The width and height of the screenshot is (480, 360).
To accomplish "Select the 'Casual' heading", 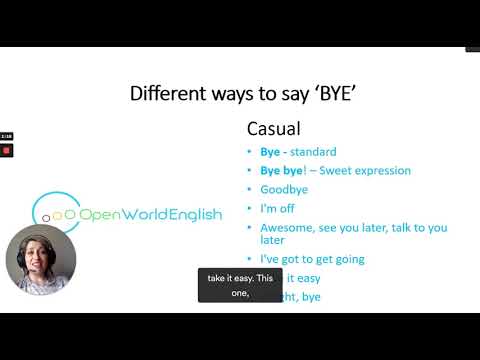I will (273, 130).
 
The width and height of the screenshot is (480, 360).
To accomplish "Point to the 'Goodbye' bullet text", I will (284, 189).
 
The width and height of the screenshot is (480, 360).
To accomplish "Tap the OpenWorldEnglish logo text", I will (150, 215).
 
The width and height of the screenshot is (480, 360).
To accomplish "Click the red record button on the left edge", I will (6, 150).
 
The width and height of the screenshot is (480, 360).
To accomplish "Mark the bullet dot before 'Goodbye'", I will (250, 189).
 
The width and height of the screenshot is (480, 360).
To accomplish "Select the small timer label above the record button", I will (6, 135).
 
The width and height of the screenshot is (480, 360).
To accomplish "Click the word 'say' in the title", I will (297, 96).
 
